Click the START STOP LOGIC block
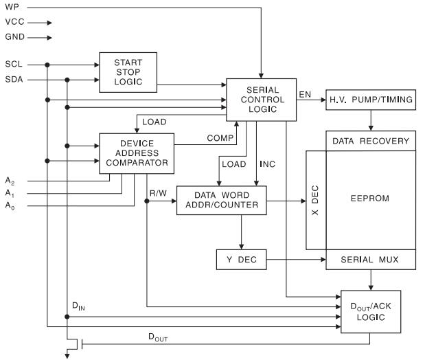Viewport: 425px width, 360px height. click(129, 69)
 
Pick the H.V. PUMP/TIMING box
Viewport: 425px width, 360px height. click(370, 100)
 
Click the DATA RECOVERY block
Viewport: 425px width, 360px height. click(370, 141)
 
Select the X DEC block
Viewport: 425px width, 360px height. click(316, 199)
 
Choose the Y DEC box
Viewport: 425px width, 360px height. click(240, 260)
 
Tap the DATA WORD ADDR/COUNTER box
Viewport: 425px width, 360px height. click(220, 201)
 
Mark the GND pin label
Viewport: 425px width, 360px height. click(14, 36)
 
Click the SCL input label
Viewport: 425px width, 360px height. click(14, 65)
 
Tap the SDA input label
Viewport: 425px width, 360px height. click(14, 79)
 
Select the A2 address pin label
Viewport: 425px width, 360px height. click(10, 180)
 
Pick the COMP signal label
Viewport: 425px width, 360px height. click(220, 138)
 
